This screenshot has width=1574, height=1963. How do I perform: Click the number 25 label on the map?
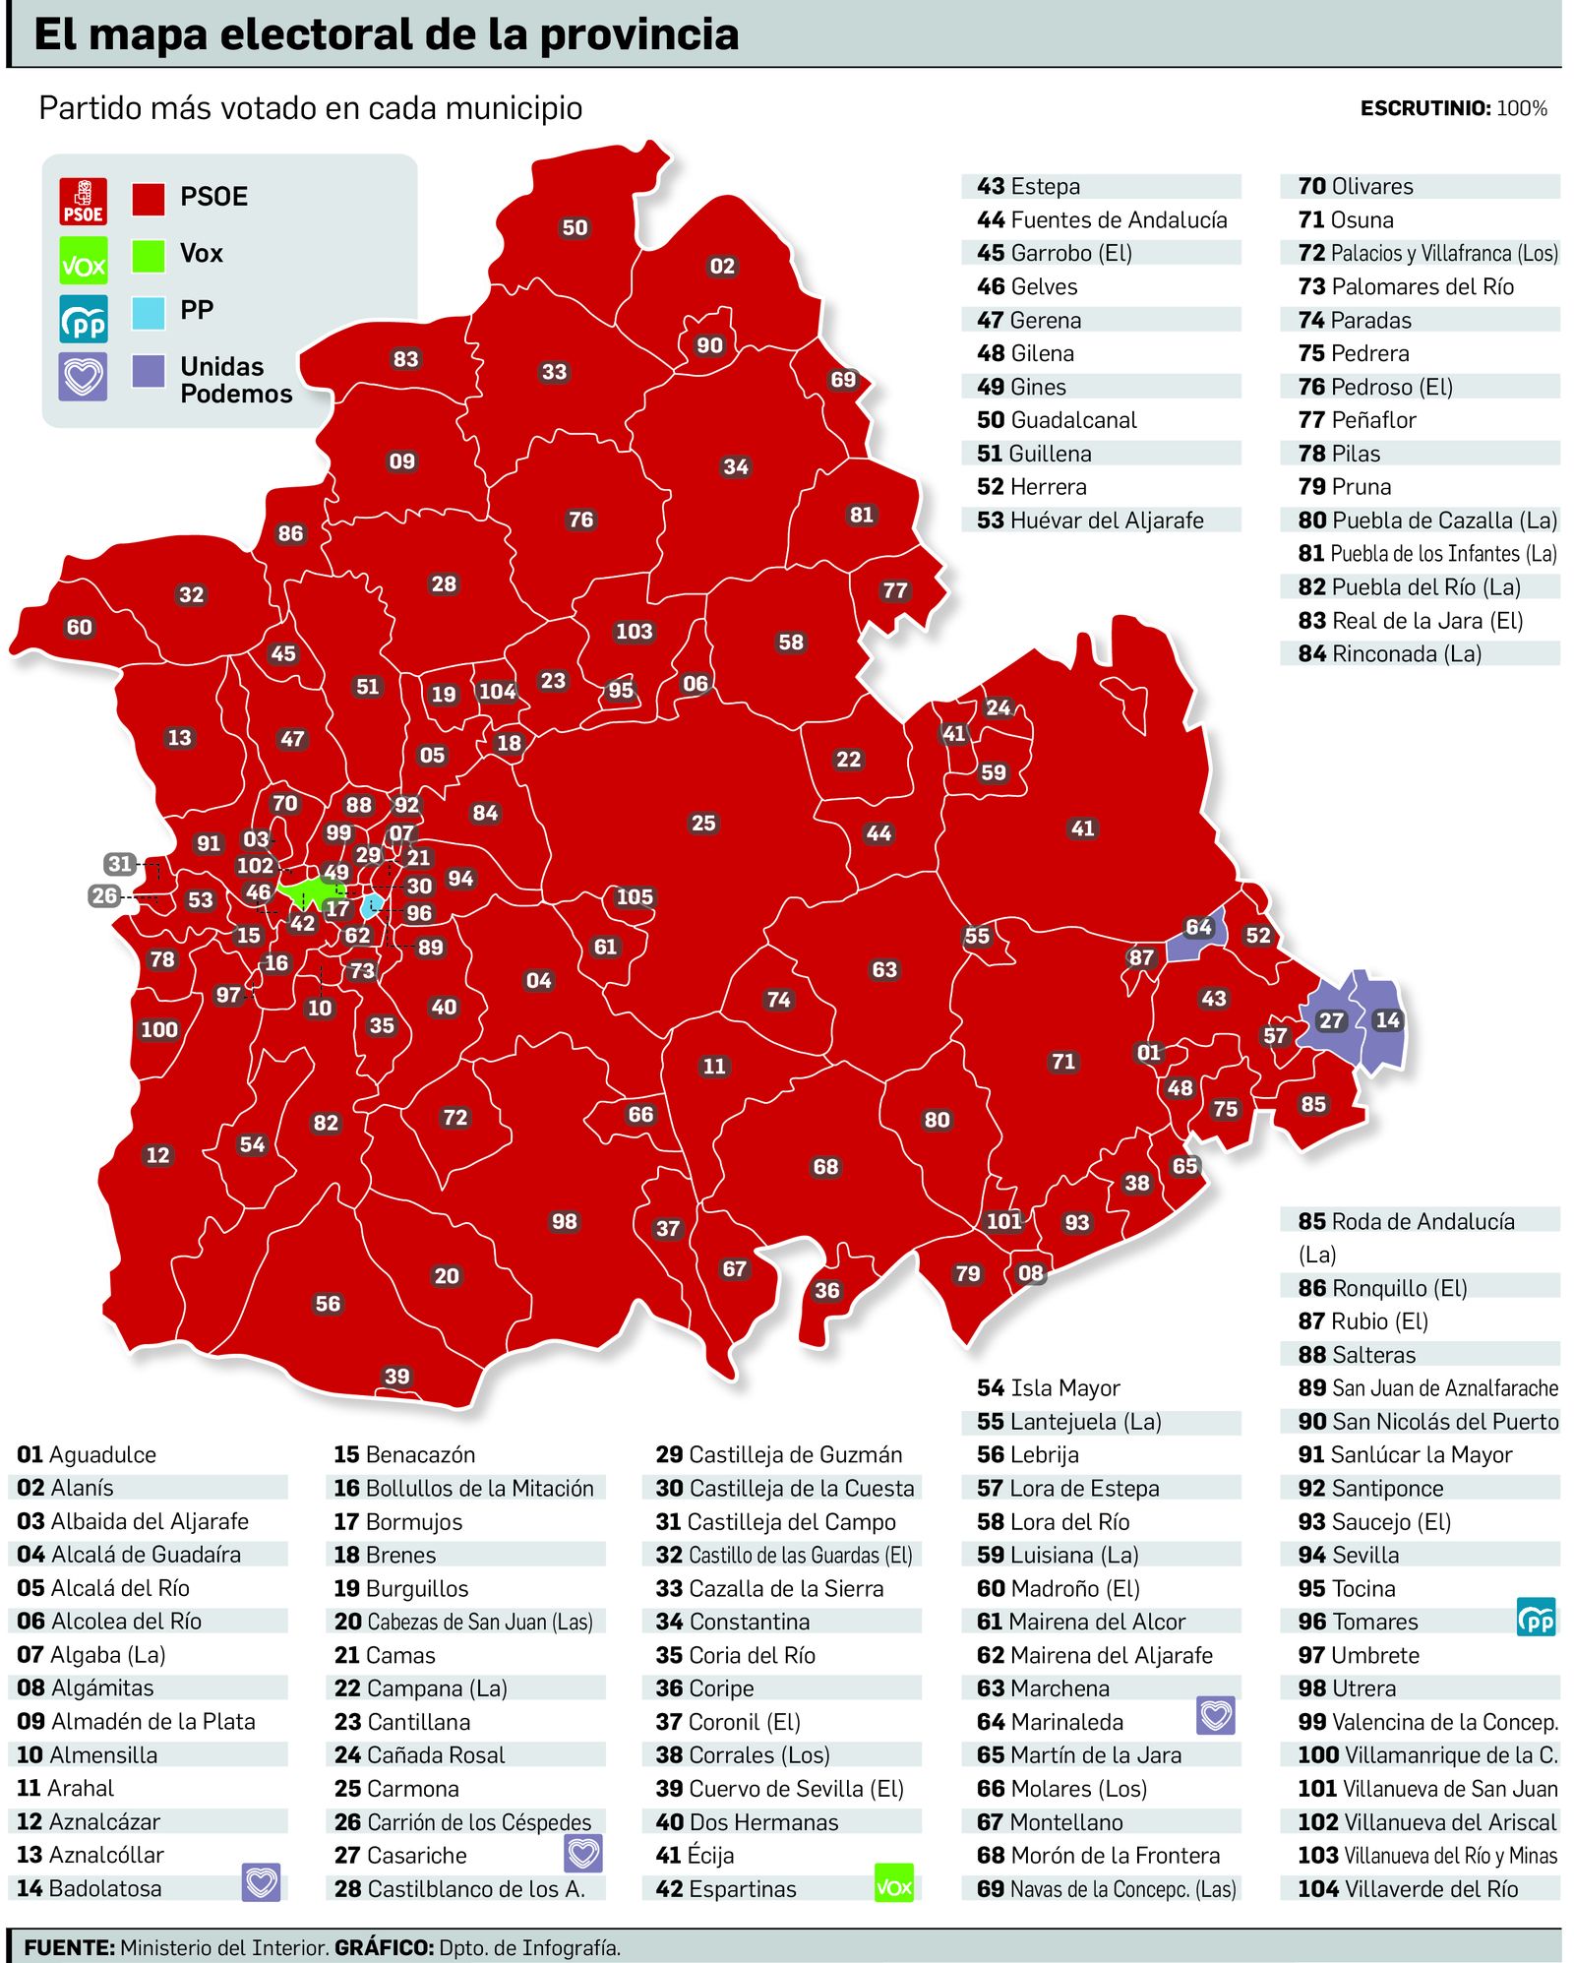tap(703, 823)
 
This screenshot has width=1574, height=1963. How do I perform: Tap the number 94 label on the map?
tap(460, 878)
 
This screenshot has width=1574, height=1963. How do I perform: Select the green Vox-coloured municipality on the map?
tap(305, 893)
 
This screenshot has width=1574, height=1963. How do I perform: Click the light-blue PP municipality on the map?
tap(373, 905)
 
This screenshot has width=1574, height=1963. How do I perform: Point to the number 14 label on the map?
tap(1387, 1019)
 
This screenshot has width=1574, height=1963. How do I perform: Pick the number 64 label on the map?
tap(1198, 927)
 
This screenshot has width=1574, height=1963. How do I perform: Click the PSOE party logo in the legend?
tap(84, 201)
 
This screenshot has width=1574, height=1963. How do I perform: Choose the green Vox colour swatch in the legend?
tap(149, 256)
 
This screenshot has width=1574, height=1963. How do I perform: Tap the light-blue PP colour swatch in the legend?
tap(149, 313)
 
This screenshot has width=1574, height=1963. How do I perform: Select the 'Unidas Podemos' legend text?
tap(236, 380)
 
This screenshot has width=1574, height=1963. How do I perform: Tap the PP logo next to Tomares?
tap(1536, 1619)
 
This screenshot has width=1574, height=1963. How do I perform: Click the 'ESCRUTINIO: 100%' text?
tap(1453, 108)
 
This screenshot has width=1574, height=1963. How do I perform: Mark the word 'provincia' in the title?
tap(639, 35)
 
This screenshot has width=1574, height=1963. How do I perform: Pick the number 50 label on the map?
tap(575, 228)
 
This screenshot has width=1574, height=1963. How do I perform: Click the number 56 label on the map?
tap(328, 1304)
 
